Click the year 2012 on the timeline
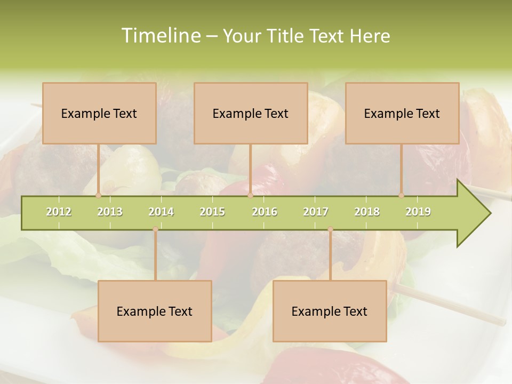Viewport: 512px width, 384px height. point(59,212)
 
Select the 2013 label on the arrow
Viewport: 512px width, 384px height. point(110,212)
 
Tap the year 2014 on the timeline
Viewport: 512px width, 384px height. point(161,212)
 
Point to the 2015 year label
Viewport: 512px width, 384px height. point(212,212)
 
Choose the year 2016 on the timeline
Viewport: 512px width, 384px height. point(265,212)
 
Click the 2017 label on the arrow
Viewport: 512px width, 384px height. point(316,212)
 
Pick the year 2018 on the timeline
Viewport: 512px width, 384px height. point(367,212)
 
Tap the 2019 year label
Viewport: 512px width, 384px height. point(418,212)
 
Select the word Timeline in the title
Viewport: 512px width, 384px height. point(160,36)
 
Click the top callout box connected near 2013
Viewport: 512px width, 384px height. point(99,113)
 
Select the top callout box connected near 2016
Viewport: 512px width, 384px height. point(251,113)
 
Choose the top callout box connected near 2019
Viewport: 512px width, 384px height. point(402,113)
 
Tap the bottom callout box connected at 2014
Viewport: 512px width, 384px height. point(155,311)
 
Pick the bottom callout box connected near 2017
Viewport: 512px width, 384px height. point(330,311)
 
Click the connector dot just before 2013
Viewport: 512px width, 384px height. point(98,195)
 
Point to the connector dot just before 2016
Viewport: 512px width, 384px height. point(250,195)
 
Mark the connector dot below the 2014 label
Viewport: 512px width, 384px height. point(155,229)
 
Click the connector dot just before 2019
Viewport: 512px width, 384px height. point(402,195)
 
